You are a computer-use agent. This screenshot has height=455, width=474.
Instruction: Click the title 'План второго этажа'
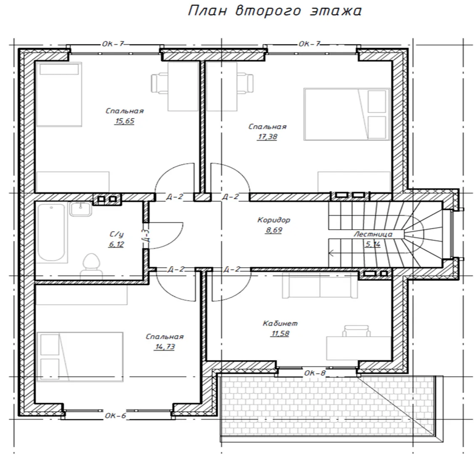[x=275, y=11]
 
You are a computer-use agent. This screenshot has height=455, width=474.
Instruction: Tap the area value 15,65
[x=124, y=121]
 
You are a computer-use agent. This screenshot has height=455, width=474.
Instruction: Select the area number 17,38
[x=267, y=137]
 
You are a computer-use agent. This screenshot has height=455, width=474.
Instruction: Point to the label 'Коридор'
[x=274, y=220]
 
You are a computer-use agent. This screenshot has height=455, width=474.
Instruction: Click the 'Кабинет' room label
[x=280, y=323]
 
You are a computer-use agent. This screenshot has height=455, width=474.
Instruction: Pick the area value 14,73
[x=165, y=347]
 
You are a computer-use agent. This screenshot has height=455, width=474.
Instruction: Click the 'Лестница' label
[x=373, y=234]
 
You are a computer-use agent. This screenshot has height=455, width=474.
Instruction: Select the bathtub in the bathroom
[x=51, y=232]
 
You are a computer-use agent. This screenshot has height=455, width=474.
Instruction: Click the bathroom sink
[x=80, y=209]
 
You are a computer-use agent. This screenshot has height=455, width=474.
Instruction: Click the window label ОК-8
[x=315, y=373]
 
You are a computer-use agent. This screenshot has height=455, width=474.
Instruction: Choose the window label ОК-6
[x=116, y=416]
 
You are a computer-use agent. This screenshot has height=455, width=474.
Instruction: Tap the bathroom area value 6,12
[x=117, y=244]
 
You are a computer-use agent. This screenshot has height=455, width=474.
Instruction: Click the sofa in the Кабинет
[x=320, y=285]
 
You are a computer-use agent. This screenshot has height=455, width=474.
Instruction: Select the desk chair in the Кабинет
[x=356, y=331]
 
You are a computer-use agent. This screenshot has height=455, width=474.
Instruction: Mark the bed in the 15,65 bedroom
[x=59, y=94]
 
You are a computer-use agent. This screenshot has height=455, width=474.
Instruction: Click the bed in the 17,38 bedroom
[x=347, y=114]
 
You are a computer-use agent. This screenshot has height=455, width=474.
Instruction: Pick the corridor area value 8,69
[x=274, y=230]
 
